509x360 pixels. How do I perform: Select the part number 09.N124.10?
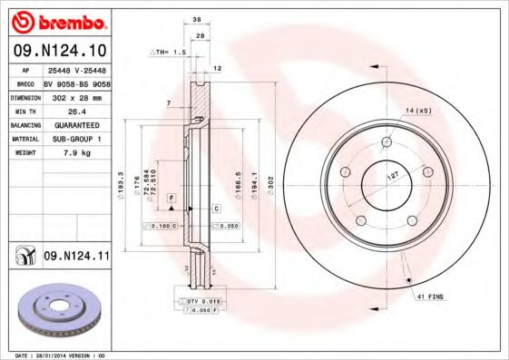point(61,50)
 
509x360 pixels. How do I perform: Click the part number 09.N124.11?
point(76,257)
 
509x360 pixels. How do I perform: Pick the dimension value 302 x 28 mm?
point(76,97)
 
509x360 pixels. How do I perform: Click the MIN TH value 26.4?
point(76,111)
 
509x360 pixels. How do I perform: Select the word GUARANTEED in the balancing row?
point(76,124)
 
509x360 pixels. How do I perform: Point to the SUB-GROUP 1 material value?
point(76,139)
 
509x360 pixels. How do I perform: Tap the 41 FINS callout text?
point(429,297)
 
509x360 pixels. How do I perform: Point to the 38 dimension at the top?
point(197,18)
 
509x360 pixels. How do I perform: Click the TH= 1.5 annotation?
point(169,53)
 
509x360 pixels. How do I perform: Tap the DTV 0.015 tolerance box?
point(202,300)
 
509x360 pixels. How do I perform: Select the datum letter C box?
point(217,209)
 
